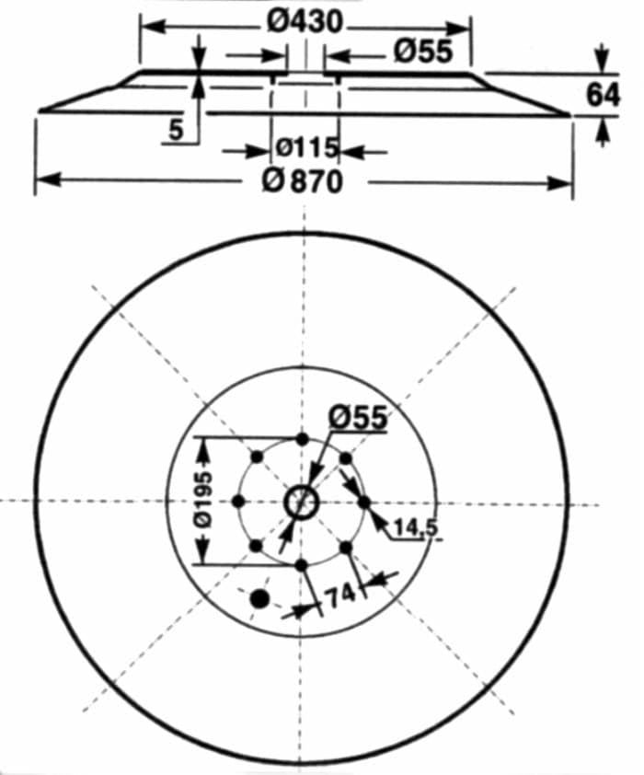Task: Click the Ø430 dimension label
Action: pyautogui.click(x=305, y=23)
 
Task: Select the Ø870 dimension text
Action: pyautogui.click(x=302, y=182)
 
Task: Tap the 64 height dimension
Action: pyautogui.click(x=602, y=95)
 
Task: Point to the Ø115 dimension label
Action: pyautogui.click(x=306, y=147)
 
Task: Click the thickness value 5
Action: pyautogui.click(x=177, y=130)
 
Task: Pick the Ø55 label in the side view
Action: pyautogui.click(x=423, y=51)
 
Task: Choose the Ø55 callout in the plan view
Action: pyautogui.click(x=358, y=418)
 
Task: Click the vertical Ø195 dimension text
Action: pyautogui.click(x=203, y=500)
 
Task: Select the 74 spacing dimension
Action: pyautogui.click(x=341, y=595)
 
